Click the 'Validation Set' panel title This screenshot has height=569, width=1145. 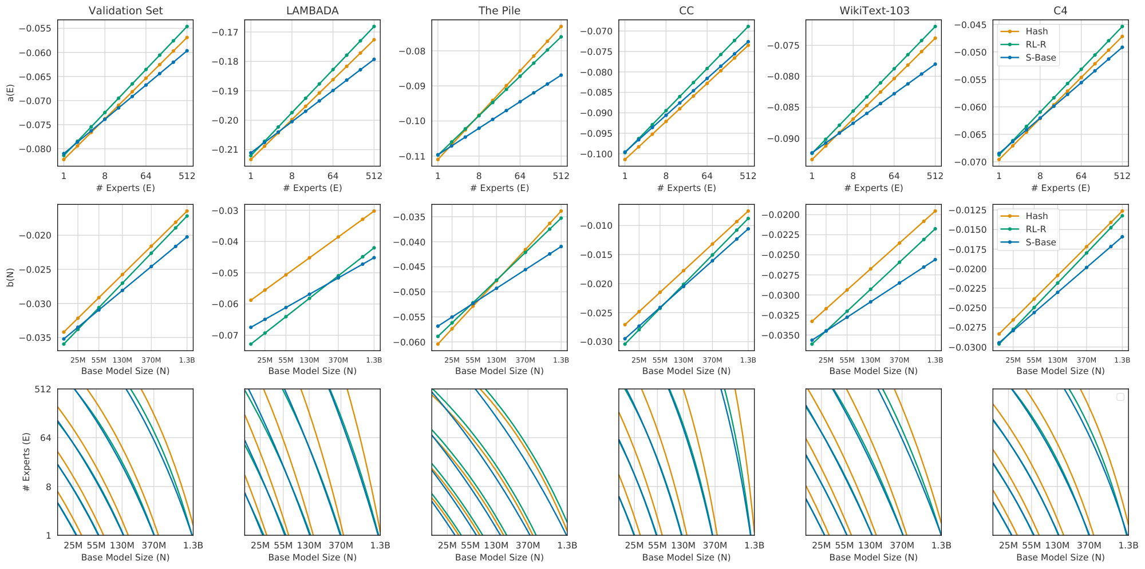[x=125, y=11]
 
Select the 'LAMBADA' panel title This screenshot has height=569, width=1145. [x=312, y=11]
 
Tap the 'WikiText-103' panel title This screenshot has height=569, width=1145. [x=873, y=11]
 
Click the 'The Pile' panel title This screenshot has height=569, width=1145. [x=499, y=11]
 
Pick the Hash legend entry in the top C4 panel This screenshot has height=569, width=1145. [x=1037, y=31]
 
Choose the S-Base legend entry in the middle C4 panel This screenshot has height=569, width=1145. [x=1040, y=242]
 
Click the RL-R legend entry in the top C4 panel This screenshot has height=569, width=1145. [x=1036, y=45]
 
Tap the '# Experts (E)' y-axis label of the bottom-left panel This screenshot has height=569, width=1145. [x=26, y=462]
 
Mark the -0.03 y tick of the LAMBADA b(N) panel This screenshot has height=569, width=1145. [x=227, y=211]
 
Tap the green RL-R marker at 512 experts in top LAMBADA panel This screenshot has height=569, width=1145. [x=374, y=26]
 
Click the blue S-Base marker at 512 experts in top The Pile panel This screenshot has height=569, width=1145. [x=561, y=75]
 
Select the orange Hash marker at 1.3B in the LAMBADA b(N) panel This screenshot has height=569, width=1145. [x=374, y=211]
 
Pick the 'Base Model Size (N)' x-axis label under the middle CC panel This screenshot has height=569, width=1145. [x=686, y=371]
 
